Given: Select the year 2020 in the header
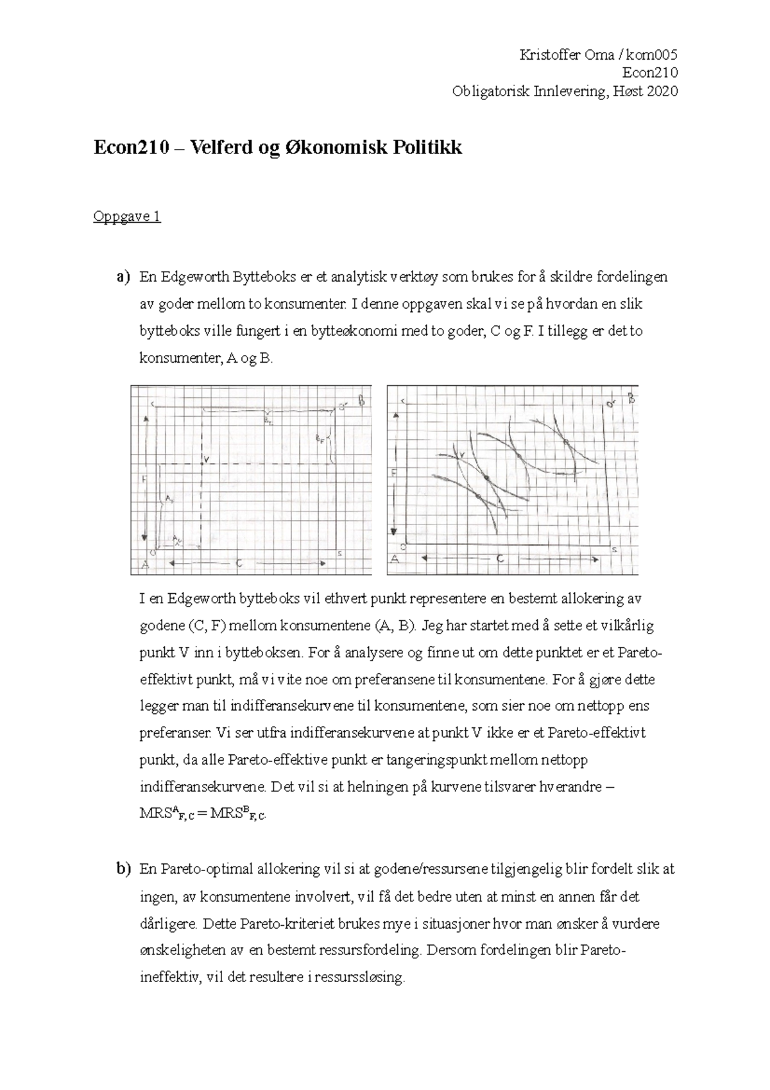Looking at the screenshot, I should click(662, 92).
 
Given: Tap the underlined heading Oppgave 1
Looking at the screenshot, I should click(126, 216).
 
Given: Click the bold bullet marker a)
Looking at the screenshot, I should click(122, 277).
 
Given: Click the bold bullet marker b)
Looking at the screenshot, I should click(122, 869).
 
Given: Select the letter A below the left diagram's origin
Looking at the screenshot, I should click(145, 565).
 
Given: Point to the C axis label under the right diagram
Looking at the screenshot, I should click(499, 559).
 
